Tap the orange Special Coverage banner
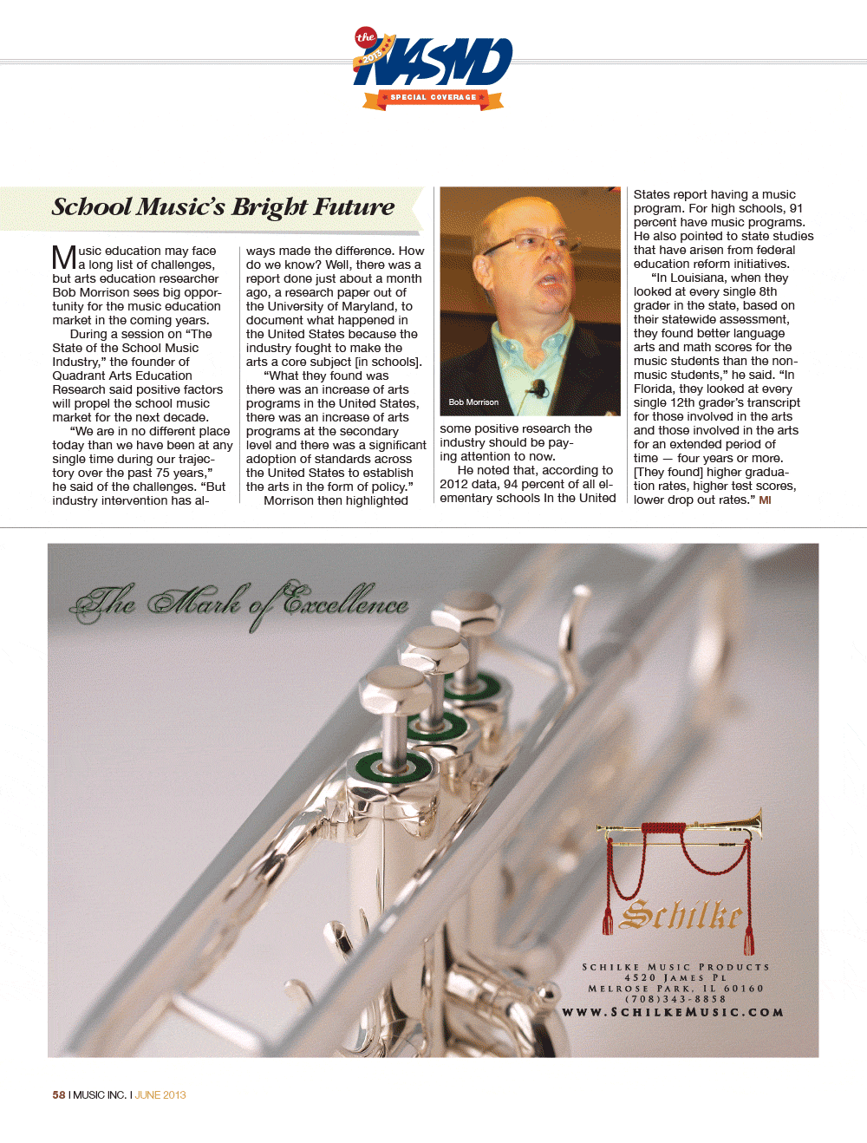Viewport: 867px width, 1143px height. (433, 98)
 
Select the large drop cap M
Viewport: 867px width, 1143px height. (64, 258)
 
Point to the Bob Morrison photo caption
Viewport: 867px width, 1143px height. (473, 402)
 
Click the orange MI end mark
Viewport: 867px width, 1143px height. (765, 500)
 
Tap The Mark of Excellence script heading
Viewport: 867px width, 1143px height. (240, 602)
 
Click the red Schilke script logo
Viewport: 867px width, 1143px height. (683, 914)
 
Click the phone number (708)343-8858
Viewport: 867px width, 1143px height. (675, 999)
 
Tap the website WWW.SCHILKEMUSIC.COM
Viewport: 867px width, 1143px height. (674, 1012)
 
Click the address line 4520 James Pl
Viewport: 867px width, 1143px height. (675, 978)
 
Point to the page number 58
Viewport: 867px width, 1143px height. (59, 1095)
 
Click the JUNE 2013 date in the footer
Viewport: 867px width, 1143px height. (160, 1095)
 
